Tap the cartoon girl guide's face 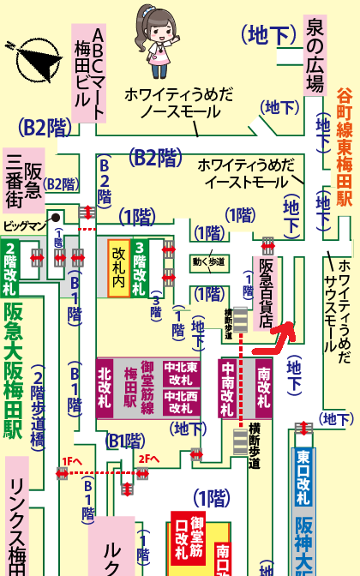coord(155,32)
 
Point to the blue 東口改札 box coord(303,478)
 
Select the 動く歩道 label coord(208,261)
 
